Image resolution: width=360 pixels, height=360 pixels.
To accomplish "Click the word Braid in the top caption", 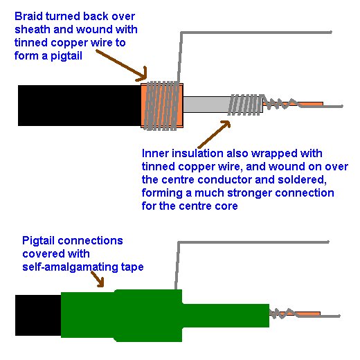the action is tap(28, 17).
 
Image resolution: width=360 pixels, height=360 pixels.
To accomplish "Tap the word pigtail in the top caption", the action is tap(66, 56).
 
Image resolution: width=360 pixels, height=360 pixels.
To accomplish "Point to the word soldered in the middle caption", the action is tap(302, 180).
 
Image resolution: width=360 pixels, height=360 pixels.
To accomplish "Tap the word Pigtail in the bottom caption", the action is tap(39, 241).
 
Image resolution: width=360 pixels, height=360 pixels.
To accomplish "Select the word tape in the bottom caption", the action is tap(132, 268).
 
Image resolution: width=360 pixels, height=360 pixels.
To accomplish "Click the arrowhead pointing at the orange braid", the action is tap(143, 75).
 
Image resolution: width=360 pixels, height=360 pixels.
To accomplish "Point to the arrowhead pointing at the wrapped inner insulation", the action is tap(226, 125).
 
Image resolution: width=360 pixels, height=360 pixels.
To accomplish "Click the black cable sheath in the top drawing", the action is tap(80, 105).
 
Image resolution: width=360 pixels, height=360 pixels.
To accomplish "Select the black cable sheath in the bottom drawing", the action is tap(38, 315).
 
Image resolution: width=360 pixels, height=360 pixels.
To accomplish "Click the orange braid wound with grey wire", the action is tap(162, 105).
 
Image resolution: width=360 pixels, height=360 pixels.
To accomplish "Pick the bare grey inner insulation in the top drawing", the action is tap(206, 105).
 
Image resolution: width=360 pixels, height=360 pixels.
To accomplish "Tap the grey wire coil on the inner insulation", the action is tap(246, 105).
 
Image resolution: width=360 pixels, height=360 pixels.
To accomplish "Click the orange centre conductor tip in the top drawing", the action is tap(312, 104).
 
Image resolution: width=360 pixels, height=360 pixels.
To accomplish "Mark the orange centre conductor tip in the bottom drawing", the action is tap(308, 314).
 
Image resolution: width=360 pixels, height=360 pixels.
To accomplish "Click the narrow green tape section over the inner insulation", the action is tap(226, 316).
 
